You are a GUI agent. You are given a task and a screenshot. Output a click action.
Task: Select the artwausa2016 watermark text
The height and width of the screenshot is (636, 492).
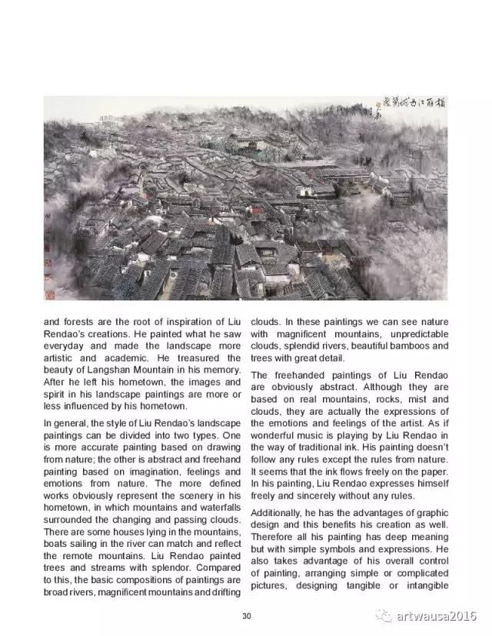pos(437,616)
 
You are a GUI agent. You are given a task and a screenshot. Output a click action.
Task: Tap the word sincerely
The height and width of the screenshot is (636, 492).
pos(319,495)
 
